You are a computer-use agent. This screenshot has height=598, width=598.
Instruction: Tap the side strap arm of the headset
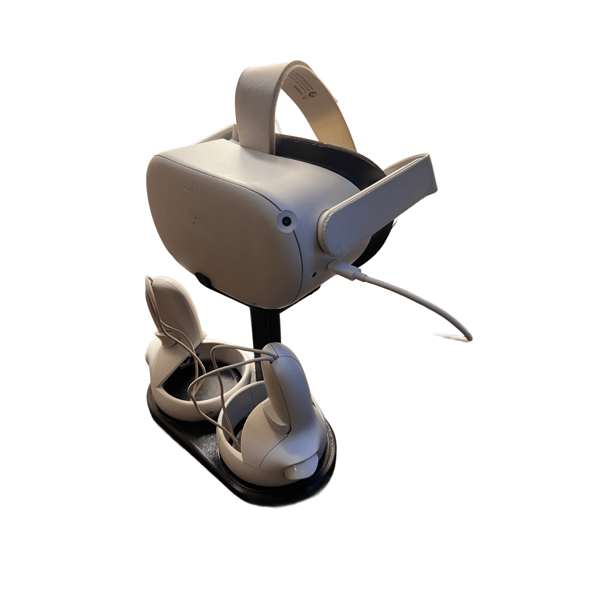point(380,207)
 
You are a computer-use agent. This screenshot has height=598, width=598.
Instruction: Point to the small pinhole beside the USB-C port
point(314,273)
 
